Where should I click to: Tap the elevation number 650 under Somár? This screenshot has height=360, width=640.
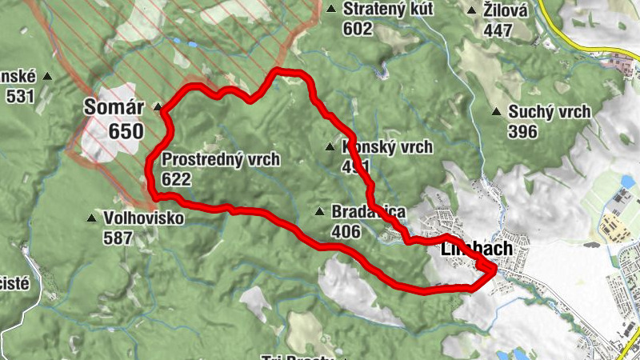point(126,131)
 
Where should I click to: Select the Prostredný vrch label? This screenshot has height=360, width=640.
point(220,159)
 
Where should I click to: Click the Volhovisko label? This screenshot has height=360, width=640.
point(143,218)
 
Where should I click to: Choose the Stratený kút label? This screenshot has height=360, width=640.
point(388,10)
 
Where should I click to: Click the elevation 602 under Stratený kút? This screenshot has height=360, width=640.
point(358,29)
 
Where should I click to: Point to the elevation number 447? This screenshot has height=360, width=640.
point(498,30)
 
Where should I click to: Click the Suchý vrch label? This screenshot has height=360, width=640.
point(550,112)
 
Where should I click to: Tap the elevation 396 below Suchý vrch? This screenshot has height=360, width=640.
point(522,131)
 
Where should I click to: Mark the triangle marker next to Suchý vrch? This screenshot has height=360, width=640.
point(497,112)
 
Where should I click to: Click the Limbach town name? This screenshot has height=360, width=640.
point(476,250)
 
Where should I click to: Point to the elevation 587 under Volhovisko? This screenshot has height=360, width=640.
point(118,237)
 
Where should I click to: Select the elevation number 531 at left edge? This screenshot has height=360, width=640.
point(20,96)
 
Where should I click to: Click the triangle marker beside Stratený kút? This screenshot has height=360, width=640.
point(331,10)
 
